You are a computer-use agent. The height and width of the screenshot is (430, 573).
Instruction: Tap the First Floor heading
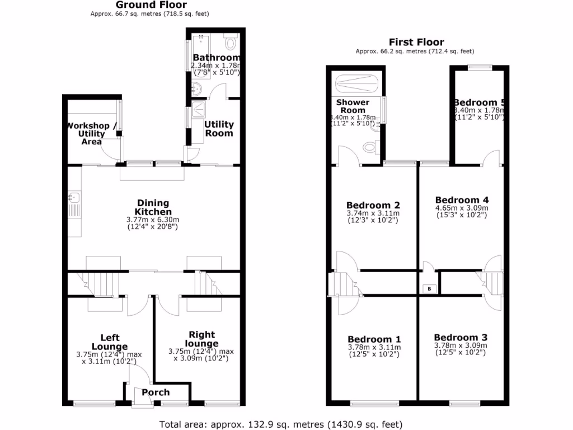click(x=417, y=42)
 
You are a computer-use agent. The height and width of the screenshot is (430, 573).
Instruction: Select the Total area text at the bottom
click(x=281, y=424)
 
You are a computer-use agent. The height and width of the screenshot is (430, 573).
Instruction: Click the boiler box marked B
click(x=429, y=289)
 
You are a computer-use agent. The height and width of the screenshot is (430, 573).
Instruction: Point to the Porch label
click(x=156, y=392)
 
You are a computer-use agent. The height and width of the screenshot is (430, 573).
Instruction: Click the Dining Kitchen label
click(x=153, y=208)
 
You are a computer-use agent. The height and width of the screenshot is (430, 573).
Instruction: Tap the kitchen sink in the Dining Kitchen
click(x=74, y=198)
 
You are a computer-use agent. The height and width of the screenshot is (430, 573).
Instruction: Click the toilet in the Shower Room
click(x=370, y=147)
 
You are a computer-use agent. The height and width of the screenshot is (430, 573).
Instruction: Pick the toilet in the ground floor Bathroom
click(x=231, y=42)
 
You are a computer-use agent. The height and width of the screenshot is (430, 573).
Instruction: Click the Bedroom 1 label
click(x=374, y=339)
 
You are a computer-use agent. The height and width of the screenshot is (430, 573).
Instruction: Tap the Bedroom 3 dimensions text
click(x=461, y=349)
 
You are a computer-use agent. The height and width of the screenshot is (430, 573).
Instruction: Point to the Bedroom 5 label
click(x=480, y=102)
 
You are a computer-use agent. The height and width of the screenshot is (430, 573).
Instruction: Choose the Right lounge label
click(x=202, y=339)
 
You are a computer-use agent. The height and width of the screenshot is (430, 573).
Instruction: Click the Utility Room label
click(x=219, y=129)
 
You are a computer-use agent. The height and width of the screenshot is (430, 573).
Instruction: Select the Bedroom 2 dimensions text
click(x=373, y=217)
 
